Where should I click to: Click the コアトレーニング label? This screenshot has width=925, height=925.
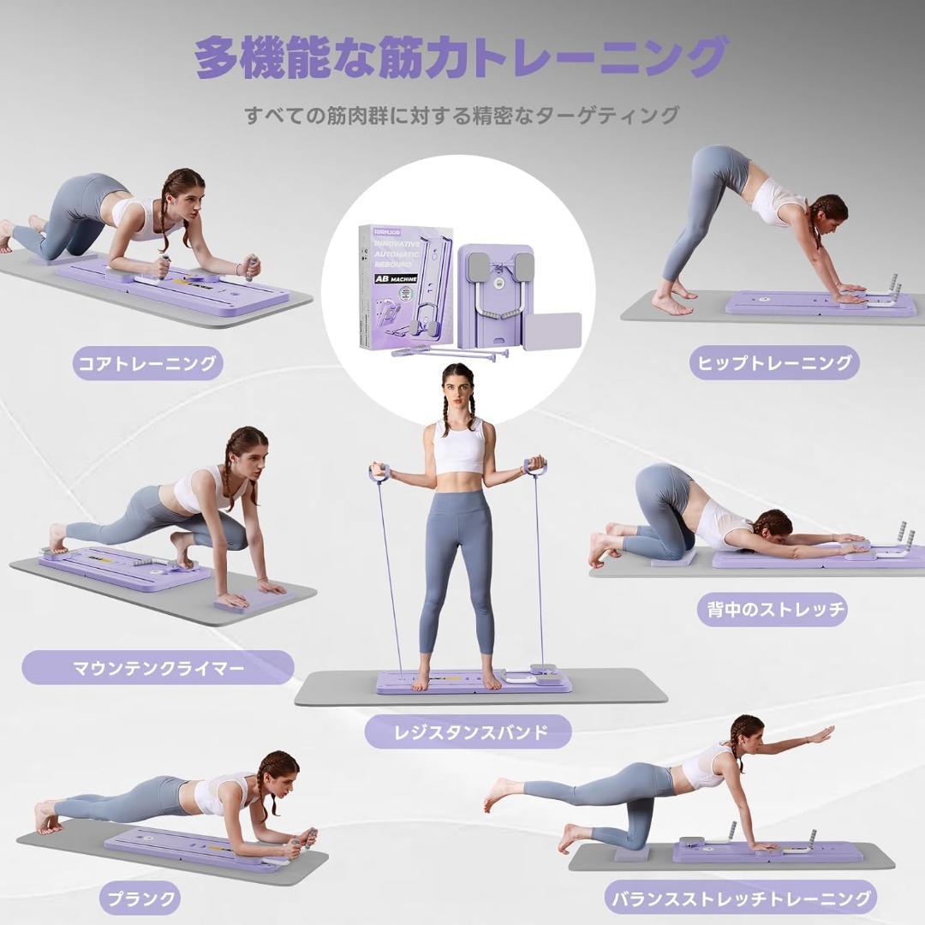coord(147,363)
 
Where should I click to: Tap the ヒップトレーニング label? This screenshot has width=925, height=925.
coord(773,363)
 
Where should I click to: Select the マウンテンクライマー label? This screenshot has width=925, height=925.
coord(158,667)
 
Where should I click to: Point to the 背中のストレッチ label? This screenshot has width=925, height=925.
coord(772,610)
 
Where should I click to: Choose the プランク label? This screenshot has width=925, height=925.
coord(141,898)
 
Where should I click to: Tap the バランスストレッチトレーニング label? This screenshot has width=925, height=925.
coord(742,898)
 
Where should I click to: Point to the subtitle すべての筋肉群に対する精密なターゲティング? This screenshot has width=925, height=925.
coord(462,115)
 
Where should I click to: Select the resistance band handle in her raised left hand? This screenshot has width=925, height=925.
coord(536,468)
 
